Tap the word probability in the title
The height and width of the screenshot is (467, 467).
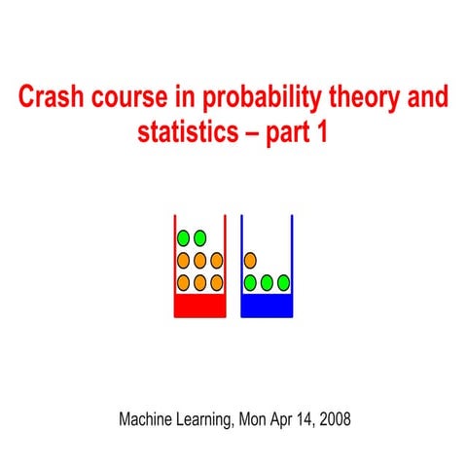click(260, 100)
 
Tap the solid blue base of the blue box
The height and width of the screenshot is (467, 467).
click(267, 306)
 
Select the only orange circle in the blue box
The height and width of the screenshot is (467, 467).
click(250, 261)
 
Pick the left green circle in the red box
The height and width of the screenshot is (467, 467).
click(183, 237)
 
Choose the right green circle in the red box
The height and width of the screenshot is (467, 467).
click(199, 237)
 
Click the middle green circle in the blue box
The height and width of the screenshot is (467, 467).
click(267, 282)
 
